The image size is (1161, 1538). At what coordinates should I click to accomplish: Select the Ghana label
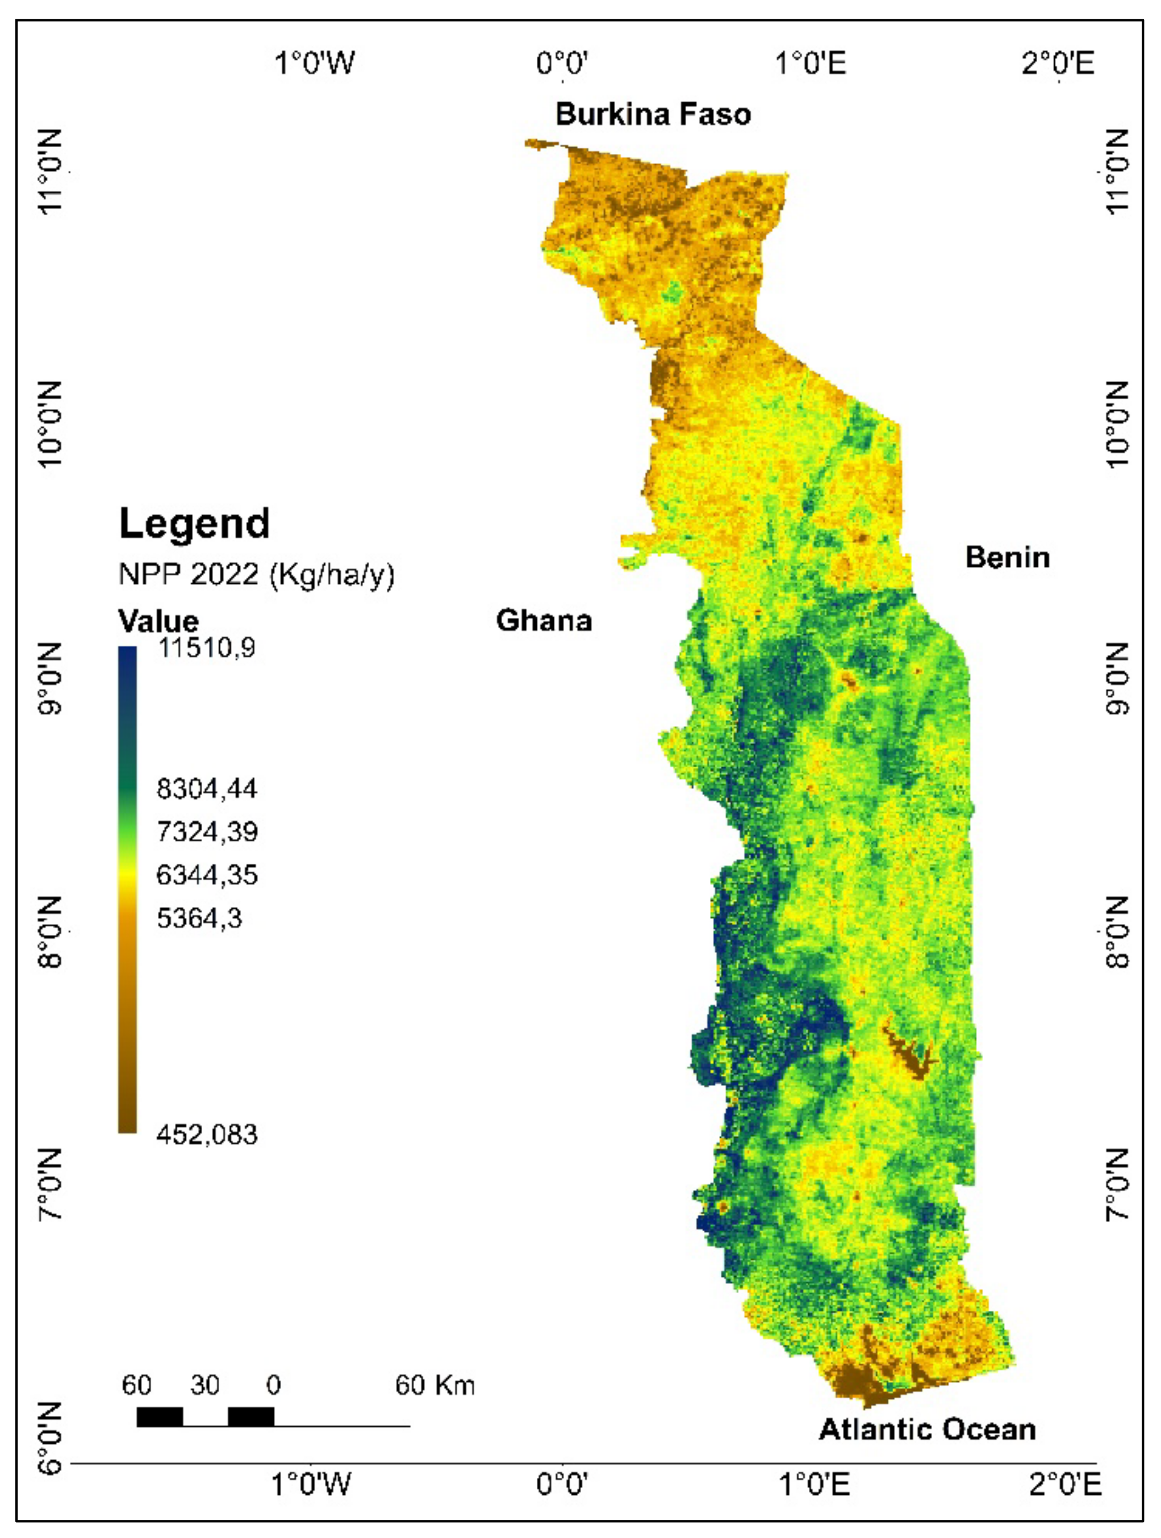coord(543,620)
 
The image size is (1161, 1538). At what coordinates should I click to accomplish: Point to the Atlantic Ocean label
coord(927,1430)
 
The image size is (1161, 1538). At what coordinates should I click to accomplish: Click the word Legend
coord(194,524)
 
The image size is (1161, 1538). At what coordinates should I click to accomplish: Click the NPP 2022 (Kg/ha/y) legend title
coord(256,574)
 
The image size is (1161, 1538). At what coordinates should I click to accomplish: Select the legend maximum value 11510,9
coord(207,648)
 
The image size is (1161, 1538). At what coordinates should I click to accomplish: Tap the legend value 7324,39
coord(207,831)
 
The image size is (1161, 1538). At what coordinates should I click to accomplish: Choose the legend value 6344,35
coord(207,875)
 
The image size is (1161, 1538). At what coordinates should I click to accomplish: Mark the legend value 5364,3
coord(199,918)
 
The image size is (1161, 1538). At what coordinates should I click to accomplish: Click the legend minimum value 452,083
coord(207,1135)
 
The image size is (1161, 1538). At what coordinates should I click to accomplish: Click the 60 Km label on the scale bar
coord(435,1386)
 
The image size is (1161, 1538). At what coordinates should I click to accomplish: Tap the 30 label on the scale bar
coord(205,1386)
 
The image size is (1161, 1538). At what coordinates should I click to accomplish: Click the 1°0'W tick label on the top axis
coord(314,63)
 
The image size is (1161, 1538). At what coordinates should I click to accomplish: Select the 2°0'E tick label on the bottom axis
coord(1064,1485)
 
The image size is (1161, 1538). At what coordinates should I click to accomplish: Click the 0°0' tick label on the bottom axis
coord(562,1485)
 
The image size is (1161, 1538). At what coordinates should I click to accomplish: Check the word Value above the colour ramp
coord(158,620)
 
